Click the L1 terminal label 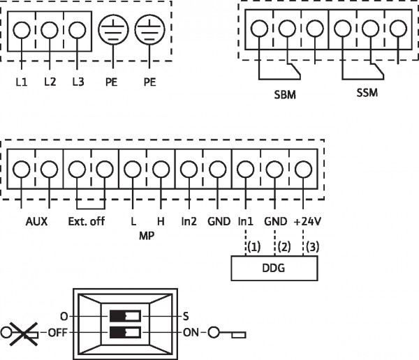coord(22,82)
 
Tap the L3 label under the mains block coord(78,82)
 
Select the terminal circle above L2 coord(50,30)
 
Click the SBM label coord(285,95)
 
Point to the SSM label coord(367,93)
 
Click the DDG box coord(274,268)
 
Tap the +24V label coord(307,221)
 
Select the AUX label coord(36,221)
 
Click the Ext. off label coord(87,221)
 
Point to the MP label coord(147,236)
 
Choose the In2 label coord(189,221)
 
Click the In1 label coord(245,221)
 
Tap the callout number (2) coord(284,247)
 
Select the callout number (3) coord(312,247)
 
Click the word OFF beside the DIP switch coord(57,333)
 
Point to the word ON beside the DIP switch coord(191,333)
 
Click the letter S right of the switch coord(186,317)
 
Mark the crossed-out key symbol coord(20,333)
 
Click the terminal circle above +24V coord(303,170)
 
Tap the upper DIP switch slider coord(125,316)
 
